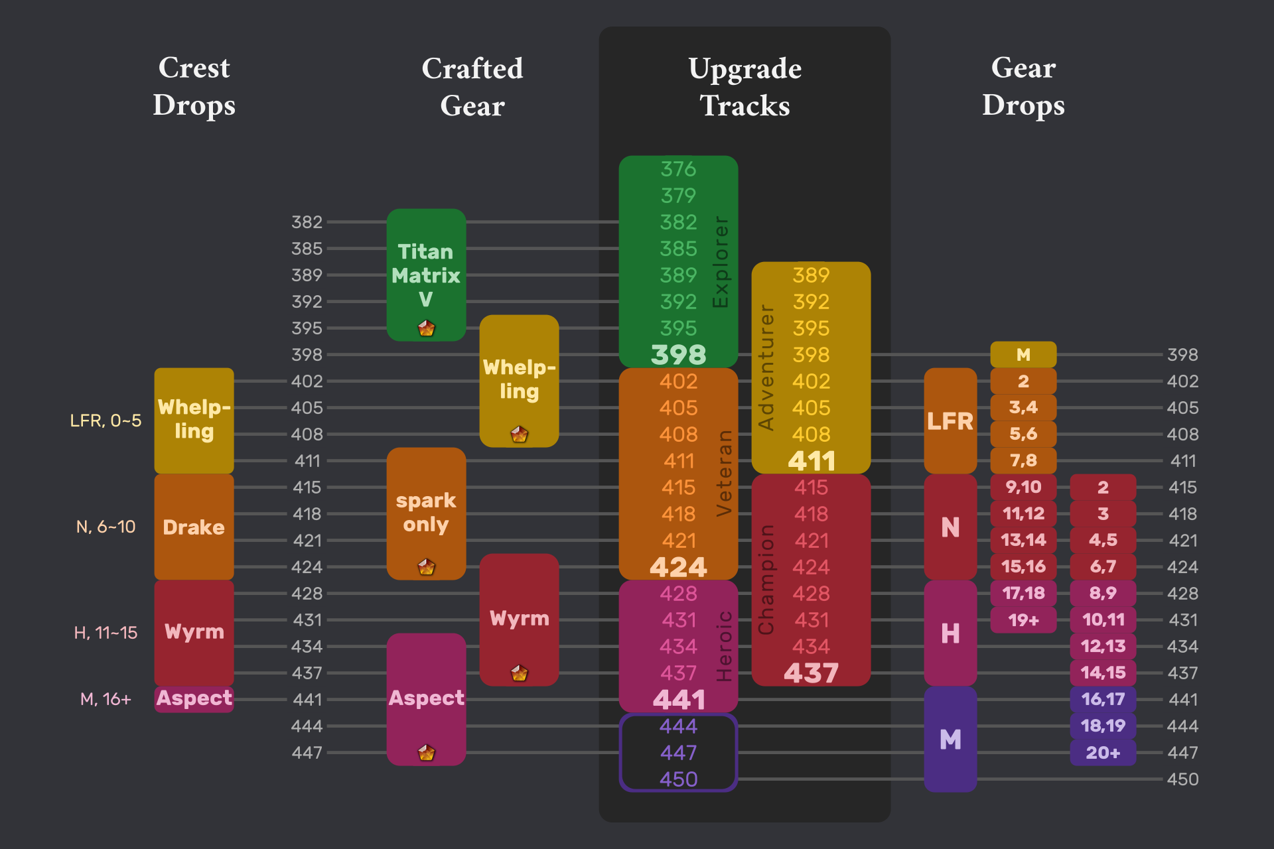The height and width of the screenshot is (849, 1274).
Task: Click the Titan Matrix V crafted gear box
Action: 426,275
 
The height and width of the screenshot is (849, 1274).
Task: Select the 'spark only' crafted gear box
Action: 426,513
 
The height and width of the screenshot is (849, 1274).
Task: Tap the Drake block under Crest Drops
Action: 194,527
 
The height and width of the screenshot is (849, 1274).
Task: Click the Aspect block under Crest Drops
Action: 194,698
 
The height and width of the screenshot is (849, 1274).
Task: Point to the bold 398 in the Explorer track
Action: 678,355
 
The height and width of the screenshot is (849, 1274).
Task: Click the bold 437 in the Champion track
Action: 811,673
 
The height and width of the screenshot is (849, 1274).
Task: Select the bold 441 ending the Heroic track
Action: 678,700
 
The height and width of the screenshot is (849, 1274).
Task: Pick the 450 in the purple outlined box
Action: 678,779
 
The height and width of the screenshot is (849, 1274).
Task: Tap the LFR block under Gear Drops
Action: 950,421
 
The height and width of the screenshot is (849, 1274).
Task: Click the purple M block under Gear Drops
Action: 950,739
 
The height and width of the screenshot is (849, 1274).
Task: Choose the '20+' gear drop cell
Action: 1103,753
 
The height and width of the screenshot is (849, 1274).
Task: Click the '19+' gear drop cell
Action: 1023,620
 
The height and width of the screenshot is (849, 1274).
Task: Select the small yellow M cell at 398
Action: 1023,355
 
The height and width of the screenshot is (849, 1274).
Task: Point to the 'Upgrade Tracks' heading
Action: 744,87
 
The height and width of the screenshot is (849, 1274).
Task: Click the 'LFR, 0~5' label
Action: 106,421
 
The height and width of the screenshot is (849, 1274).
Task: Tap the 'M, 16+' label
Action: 106,699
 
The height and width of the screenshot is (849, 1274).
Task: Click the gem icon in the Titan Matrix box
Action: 426,328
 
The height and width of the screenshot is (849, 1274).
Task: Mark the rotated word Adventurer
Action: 766,367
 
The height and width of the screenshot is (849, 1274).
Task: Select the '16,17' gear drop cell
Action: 1103,699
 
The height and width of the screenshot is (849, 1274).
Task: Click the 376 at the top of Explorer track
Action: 678,169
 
